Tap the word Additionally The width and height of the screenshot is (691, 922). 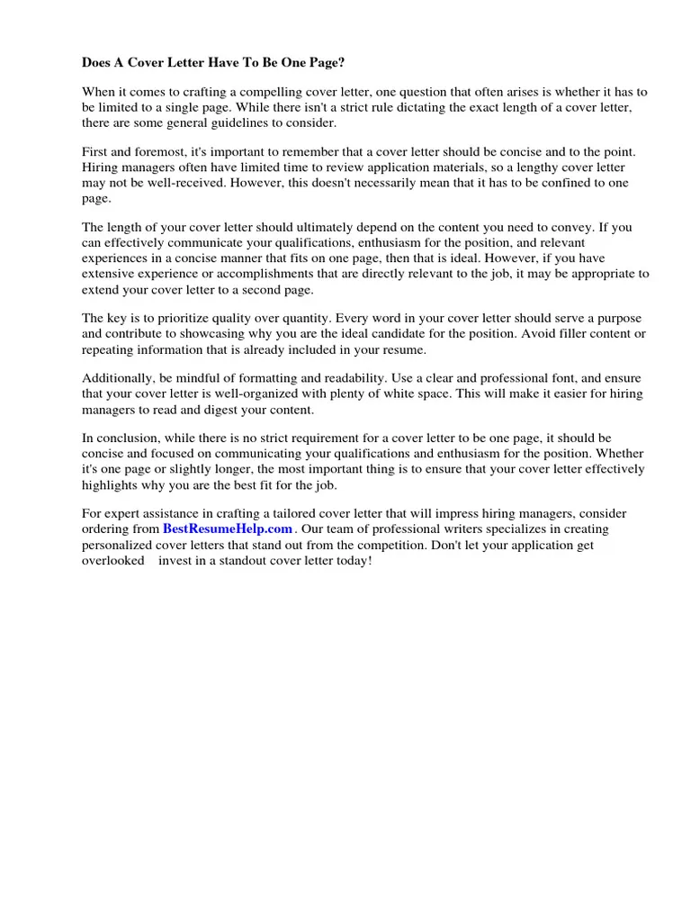pyautogui.click(x=117, y=378)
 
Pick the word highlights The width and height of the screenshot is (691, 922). pyautogui.click(x=112, y=484)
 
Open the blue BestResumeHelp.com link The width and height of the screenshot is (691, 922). pyautogui.click(x=228, y=529)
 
